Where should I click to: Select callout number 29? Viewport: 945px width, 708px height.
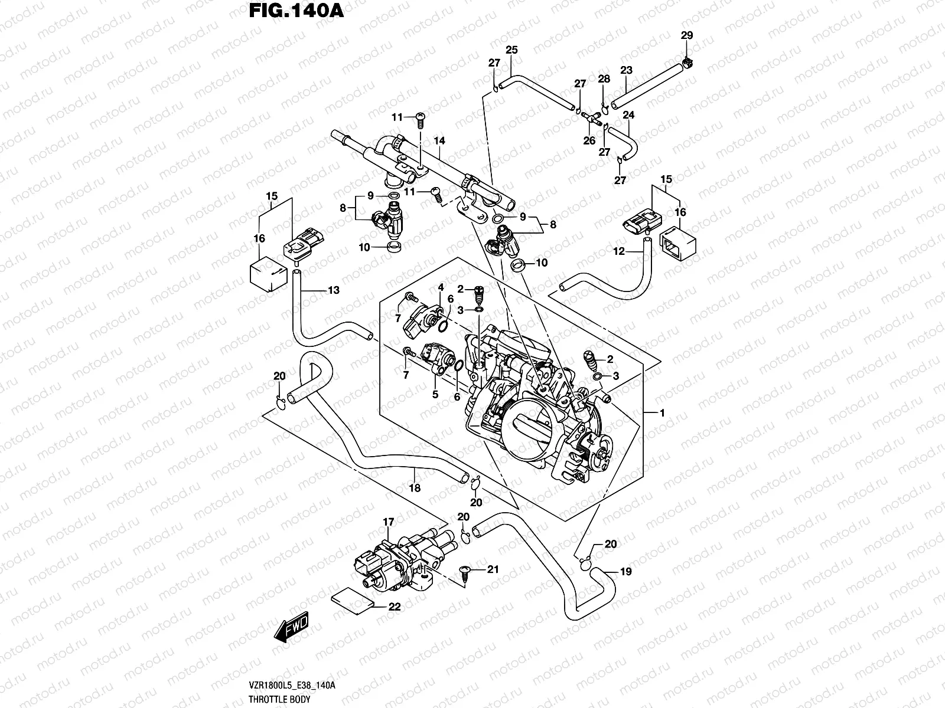click(x=686, y=35)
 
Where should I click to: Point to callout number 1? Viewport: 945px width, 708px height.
click(x=662, y=413)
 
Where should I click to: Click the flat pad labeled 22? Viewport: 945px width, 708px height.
click(x=352, y=599)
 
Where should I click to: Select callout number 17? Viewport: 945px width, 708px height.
click(x=388, y=522)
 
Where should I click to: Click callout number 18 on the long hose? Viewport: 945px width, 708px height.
click(x=415, y=488)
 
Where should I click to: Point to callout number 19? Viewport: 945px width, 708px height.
click(x=625, y=571)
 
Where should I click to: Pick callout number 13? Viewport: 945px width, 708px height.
click(x=334, y=290)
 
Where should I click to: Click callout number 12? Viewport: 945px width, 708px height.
click(x=618, y=251)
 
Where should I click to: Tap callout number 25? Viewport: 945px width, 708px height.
click(x=511, y=50)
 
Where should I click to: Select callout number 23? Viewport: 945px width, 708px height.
click(x=626, y=70)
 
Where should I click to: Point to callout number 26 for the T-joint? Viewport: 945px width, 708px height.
click(x=589, y=140)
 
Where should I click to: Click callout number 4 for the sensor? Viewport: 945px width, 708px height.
click(x=441, y=287)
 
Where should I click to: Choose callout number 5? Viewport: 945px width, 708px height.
click(x=435, y=395)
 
